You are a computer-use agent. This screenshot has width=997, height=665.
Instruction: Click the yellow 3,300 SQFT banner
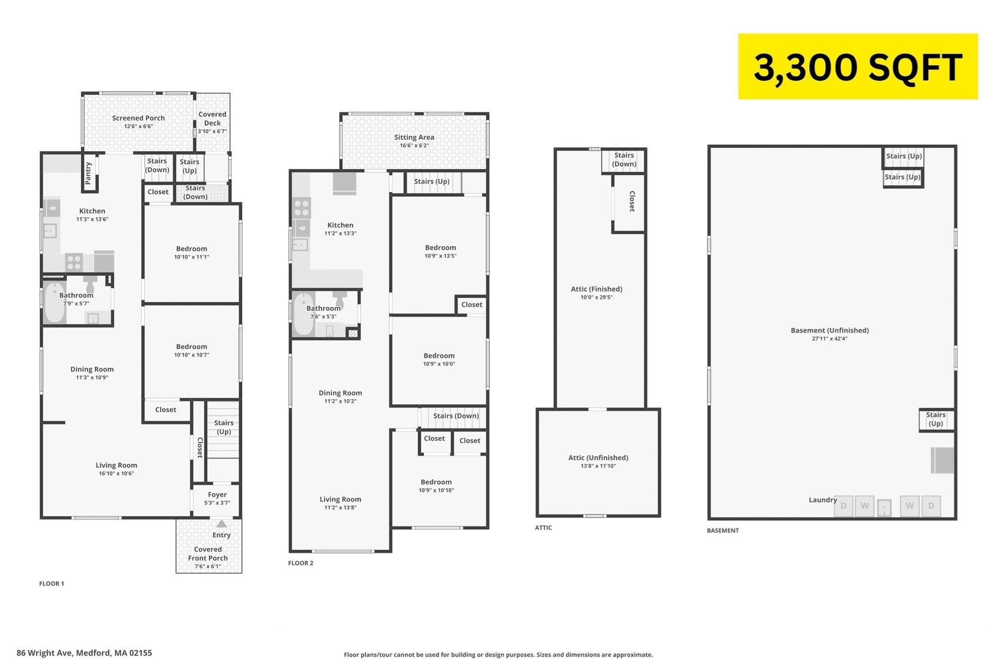click(858, 66)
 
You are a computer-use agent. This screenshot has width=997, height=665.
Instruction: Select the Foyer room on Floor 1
click(217, 499)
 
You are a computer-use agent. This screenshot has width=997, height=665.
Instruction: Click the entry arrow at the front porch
click(222, 524)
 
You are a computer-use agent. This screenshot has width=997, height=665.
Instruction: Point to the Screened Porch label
click(138, 118)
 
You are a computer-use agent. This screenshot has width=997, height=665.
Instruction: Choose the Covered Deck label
click(212, 118)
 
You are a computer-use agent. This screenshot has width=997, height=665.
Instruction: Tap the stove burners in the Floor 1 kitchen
click(74, 263)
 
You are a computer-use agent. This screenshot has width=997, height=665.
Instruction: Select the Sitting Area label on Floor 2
click(414, 137)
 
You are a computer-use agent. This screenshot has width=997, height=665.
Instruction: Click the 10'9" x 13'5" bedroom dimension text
click(441, 256)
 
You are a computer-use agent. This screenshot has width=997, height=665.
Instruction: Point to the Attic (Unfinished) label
click(598, 457)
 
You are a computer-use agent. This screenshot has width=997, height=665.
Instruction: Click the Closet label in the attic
click(632, 201)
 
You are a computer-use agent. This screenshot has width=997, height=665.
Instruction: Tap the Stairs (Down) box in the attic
click(624, 160)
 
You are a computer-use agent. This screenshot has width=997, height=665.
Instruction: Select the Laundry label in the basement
click(823, 500)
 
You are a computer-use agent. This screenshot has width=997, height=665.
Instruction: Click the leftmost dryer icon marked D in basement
click(844, 506)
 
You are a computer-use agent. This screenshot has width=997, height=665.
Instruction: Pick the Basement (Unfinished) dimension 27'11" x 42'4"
click(830, 339)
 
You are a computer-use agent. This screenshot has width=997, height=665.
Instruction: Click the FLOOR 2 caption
click(301, 563)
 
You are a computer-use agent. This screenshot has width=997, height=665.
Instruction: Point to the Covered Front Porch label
click(208, 554)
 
